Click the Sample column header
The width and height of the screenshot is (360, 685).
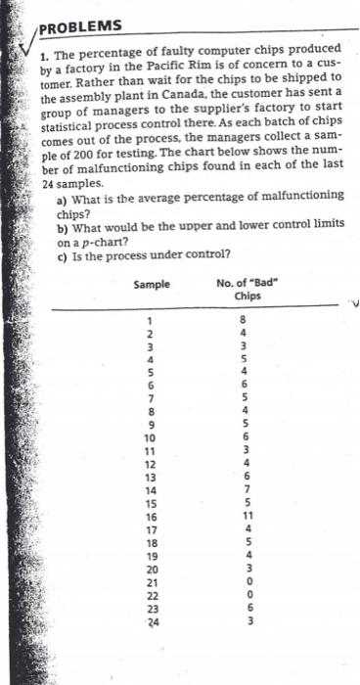click(151, 285)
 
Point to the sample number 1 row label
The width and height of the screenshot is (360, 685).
click(151, 318)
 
